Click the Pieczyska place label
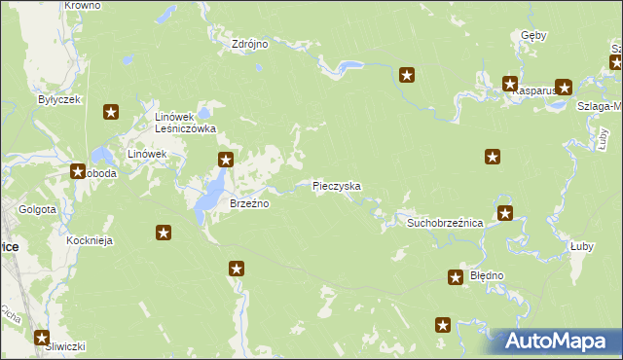click(x=337, y=185)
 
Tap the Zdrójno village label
click(x=249, y=44)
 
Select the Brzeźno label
click(x=248, y=203)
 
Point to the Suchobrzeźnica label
click(x=445, y=223)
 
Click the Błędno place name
click(x=487, y=275)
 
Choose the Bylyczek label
click(x=58, y=99)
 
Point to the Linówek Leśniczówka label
click(x=185, y=122)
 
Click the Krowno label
click(x=82, y=6)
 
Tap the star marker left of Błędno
click(x=456, y=278)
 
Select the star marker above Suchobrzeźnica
click(x=504, y=213)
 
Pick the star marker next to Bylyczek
click(x=111, y=113)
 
